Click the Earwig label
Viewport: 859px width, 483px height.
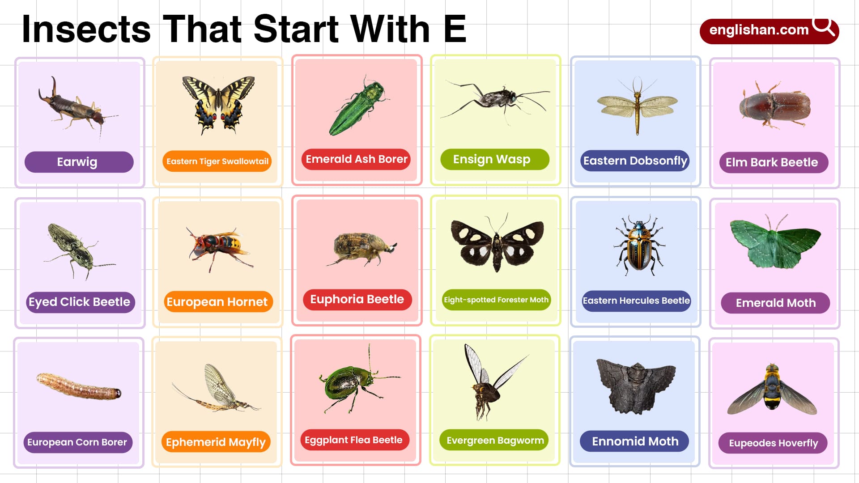[x=79, y=162]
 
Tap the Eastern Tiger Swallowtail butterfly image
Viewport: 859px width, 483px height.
[x=218, y=104]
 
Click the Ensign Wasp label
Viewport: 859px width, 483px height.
[x=494, y=159]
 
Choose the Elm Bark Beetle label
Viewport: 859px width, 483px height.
[x=773, y=162]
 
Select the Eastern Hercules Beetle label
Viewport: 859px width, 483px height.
[x=636, y=301]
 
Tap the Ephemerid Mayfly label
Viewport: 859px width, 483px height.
[x=216, y=442]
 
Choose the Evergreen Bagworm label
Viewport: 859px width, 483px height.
[x=495, y=441]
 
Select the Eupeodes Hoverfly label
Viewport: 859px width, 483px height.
[x=773, y=443]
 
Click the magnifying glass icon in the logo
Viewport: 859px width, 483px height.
[x=823, y=27]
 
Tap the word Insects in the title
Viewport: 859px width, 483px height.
[x=86, y=30]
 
